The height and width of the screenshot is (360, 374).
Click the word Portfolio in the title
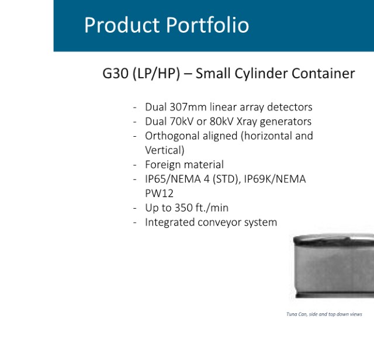pyautogui.click(x=207, y=25)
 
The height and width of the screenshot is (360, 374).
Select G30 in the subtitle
pyautogui.click(x=116, y=74)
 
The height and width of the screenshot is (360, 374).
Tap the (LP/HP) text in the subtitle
pyautogui.click(x=156, y=74)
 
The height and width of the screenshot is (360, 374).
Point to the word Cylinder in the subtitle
pyautogui.click(x=261, y=74)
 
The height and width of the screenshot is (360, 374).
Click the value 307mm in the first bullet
pyautogui.click(x=188, y=107)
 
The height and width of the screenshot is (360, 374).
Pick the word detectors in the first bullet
pyautogui.click(x=290, y=107)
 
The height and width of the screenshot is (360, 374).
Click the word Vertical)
pyautogui.click(x=165, y=150)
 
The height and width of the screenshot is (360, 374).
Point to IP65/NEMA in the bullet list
pyautogui.click(x=173, y=179)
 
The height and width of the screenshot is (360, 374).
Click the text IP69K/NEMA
pyautogui.click(x=275, y=179)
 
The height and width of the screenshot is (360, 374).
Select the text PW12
pyautogui.click(x=159, y=193)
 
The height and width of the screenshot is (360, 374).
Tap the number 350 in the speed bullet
pyautogui.click(x=183, y=208)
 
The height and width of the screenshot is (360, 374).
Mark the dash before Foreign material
pyautogui.click(x=135, y=165)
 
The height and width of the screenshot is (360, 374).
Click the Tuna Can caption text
pyautogui.click(x=324, y=314)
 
